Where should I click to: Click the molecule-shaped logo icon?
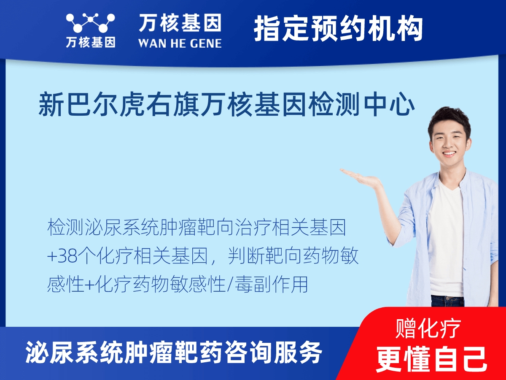pyautogui.click(x=91, y=23)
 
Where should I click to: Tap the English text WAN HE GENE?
pyautogui.click(x=180, y=43)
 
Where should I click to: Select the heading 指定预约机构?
pyautogui.click(x=339, y=29)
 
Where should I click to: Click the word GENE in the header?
pyautogui.click(x=205, y=43)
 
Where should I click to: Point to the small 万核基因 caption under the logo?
pyautogui.click(x=91, y=42)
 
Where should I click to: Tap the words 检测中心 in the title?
pyautogui.click(x=361, y=104)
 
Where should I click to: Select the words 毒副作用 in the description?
pyautogui.click(x=271, y=285)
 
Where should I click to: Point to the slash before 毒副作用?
pyautogui.click(x=231, y=285)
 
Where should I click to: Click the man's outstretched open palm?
pyautogui.click(x=360, y=178)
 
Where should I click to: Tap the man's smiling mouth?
pyautogui.click(x=448, y=153)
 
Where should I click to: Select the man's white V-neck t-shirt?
pyautogui.click(x=446, y=240)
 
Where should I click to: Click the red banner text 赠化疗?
pyautogui.click(x=428, y=328)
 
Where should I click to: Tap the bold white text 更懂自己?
pyautogui.click(x=431, y=358)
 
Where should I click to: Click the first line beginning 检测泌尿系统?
pyautogui.click(x=196, y=228)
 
